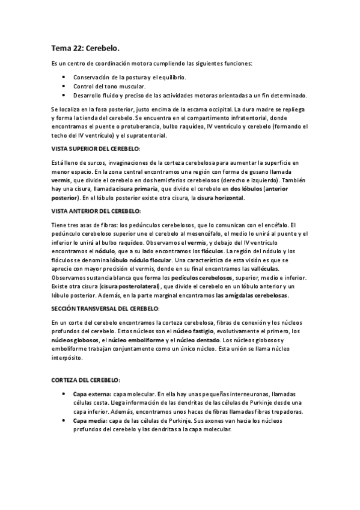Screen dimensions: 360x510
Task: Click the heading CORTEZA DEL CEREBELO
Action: pyautogui.click(x=86, y=379)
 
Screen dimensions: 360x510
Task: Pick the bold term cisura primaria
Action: pyautogui.click(x=136, y=188)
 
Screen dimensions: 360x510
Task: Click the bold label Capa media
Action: pyautogui.click(x=90, y=420)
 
